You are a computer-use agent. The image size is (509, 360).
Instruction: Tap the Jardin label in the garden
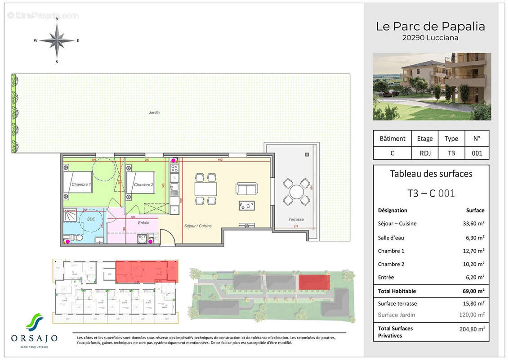click(x=154, y=112)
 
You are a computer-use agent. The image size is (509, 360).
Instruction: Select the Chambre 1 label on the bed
click(x=81, y=184)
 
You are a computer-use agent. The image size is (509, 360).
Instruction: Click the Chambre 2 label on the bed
click(x=143, y=184)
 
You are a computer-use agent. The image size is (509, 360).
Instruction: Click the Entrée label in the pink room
click(x=143, y=222)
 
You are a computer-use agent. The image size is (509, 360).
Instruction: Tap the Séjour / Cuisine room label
click(x=197, y=226)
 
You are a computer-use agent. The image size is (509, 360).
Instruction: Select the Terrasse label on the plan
click(x=296, y=219)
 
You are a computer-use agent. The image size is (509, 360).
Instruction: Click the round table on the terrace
click(x=296, y=193)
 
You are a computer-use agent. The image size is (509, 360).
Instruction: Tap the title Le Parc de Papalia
click(x=430, y=27)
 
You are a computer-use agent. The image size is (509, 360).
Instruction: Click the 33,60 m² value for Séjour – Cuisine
click(x=475, y=223)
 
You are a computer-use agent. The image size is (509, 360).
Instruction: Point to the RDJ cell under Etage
click(x=424, y=153)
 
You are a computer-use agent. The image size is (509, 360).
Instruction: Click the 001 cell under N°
click(x=477, y=153)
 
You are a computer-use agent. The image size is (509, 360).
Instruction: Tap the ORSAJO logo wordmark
click(x=34, y=337)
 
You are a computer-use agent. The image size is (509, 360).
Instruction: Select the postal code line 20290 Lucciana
click(x=430, y=38)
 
